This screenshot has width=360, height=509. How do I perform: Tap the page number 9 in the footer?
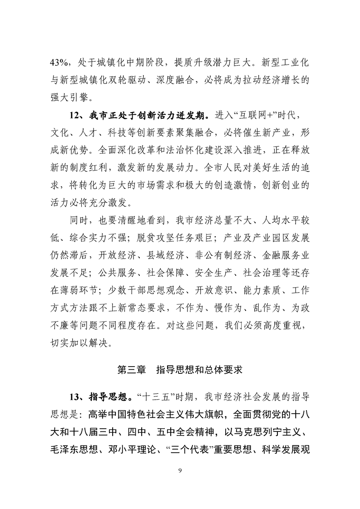(x=180, y=469)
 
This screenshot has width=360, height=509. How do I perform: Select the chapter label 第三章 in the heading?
(x=131, y=370)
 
